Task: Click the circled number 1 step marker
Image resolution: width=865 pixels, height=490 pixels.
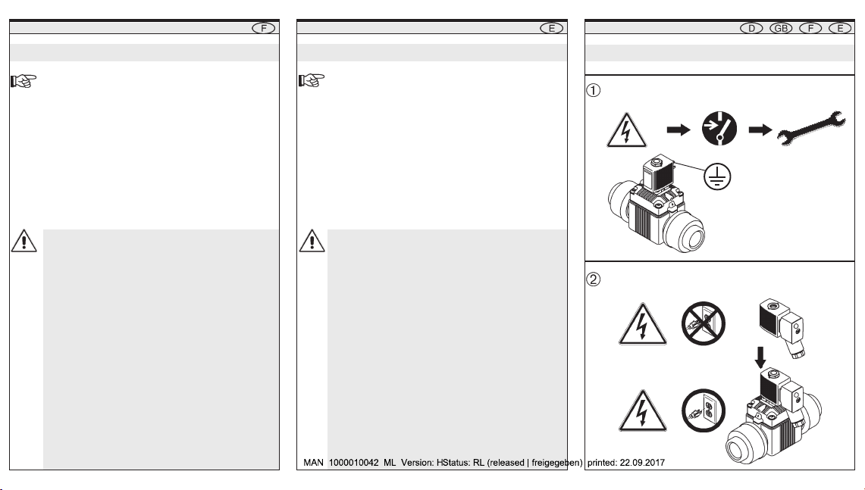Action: coord(595,89)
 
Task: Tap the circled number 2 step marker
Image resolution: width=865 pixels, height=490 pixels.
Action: coord(595,279)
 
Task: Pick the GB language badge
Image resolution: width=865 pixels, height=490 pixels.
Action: coord(781,28)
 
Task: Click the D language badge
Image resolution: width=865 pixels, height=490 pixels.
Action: coord(751,28)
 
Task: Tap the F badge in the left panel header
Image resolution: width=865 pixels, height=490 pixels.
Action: coord(263,28)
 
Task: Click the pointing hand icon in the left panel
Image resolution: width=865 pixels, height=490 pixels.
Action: coord(22,80)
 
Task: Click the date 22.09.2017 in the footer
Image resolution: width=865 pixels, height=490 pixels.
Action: coord(640,463)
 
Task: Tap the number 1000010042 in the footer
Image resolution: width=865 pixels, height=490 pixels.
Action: coord(354,463)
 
